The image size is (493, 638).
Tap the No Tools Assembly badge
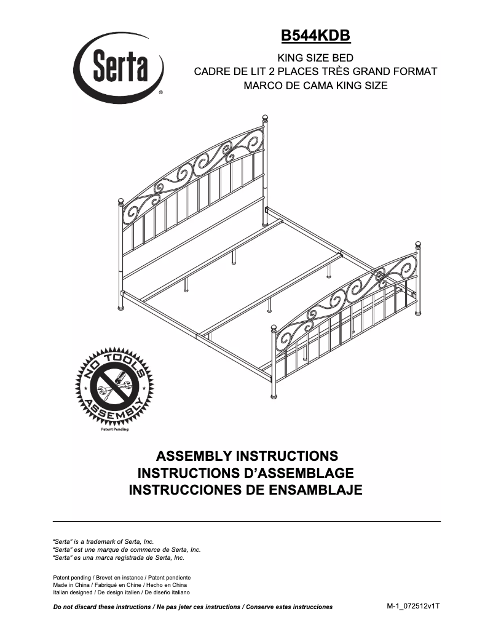[111, 388]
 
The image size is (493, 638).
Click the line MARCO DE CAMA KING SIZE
[315, 86]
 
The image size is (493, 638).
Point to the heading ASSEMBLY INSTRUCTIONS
[247, 457]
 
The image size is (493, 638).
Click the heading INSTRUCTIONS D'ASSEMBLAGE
[246, 473]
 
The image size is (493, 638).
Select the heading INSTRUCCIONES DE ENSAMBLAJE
[246, 490]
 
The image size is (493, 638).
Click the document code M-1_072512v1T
[413, 606]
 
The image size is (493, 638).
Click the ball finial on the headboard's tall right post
[266, 118]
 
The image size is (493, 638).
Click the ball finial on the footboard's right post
[420, 245]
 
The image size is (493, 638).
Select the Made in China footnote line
[120, 585]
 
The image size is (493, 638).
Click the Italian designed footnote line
[121, 592]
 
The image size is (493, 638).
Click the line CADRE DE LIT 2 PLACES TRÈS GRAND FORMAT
[315, 71]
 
